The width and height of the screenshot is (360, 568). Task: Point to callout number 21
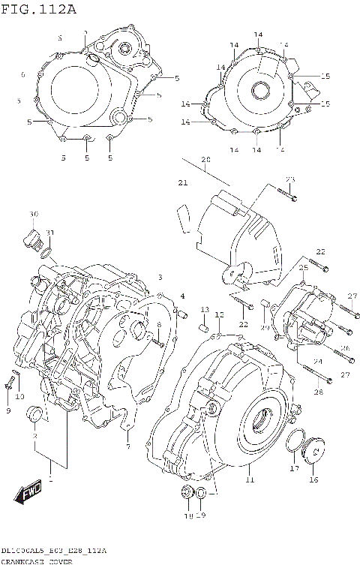pyautogui.click(x=182, y=183)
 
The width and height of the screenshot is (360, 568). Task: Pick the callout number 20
pyautogui.click(x=205, y=160)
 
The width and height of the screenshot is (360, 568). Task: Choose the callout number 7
pyautogui.click(x=127, y=447)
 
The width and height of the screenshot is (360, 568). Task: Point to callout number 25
pyautogui.click(x=304, y=268)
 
